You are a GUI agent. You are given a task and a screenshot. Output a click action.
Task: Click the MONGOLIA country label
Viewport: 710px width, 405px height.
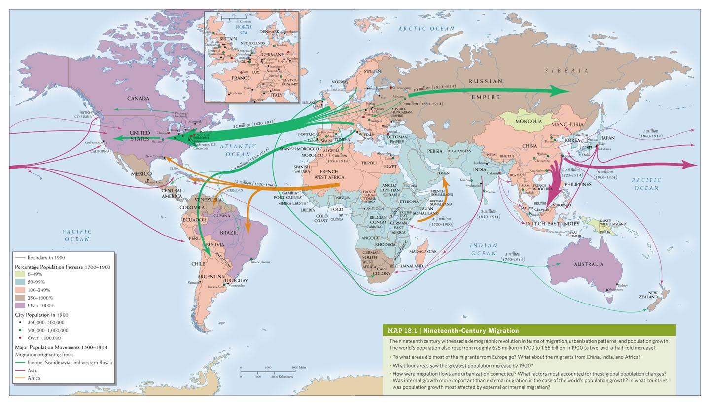click(528, 121)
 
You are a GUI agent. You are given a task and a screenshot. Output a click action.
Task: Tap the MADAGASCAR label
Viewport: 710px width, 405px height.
click(423, 251)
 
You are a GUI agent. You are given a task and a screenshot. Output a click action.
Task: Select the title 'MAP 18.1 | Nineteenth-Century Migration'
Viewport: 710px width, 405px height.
click(453, 331)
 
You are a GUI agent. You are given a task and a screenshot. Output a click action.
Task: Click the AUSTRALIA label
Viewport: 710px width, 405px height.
click(588, 264)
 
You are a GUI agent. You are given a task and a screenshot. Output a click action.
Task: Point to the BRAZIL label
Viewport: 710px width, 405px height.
click(229, 233)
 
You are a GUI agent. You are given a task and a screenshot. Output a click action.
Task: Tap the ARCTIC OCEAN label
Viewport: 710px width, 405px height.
click(426, 29)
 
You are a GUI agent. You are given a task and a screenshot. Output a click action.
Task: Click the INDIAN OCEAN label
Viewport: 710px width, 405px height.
click(483, 249)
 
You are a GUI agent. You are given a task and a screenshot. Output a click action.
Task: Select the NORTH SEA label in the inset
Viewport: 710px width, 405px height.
click(243, 30)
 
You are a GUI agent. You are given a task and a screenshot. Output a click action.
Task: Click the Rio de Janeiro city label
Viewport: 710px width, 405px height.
click(261, 262)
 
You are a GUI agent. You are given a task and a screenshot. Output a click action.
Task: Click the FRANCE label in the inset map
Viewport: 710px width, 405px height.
click(241, 78)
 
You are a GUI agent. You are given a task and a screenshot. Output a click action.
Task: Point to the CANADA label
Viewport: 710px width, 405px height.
click(138, 98)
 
